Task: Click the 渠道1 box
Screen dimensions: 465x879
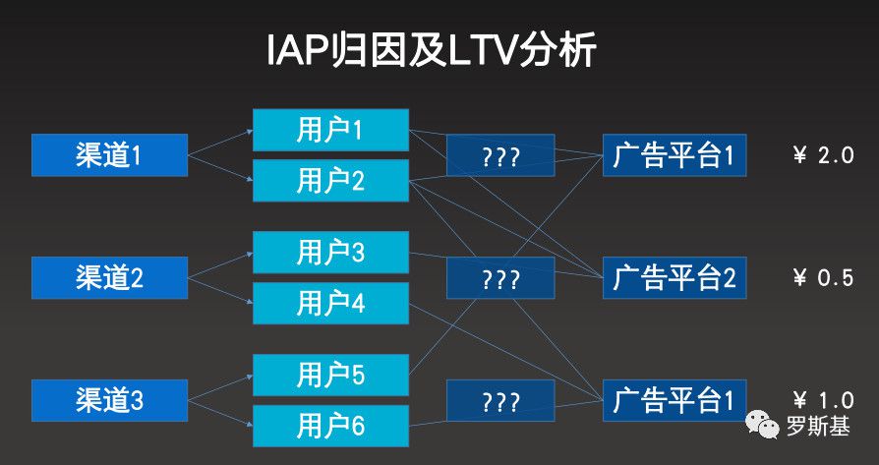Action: pyautogui.click(x=109, y=155)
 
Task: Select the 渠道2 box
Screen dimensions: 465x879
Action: pyautogui.click(x=109, y=277)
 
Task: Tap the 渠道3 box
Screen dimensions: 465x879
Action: pyautogui.click(x=109, y=400)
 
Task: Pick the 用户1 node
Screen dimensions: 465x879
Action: pyautogui.click(x=330, y=130)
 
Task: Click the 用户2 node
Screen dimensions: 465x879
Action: pyautogui.click(x=330, y=180)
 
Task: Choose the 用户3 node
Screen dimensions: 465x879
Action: pyautogui.click(x=330, y=253)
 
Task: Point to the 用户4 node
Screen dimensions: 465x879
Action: pyautogui.click(x=330, y=304)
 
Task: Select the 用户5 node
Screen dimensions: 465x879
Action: pyautogui.click(x=330, y=375)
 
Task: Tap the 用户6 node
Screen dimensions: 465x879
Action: pyautogui.click(x=330, y=425)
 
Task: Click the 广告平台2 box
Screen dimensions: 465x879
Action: pyautogui.click(x=674, y=277)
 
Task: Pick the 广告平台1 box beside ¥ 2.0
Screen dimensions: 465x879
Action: pyautogui.click(x=674, y=155)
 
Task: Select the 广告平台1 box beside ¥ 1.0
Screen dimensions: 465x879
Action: pyautogui.click(x=674, y=400)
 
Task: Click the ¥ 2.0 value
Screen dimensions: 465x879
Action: pyautogui.click(x=822, y=155)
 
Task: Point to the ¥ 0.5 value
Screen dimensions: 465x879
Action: pyautogui.click(x=822, y=277)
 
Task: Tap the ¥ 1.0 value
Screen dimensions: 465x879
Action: pyautogui.click(x=822, y=400)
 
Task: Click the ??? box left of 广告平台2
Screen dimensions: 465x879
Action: pyautogui.click(x=500, y=278)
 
